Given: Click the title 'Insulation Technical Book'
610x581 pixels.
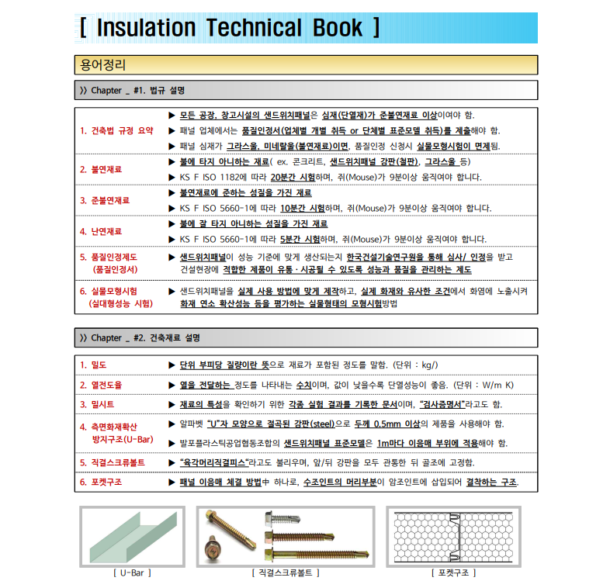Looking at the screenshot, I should (230, 28).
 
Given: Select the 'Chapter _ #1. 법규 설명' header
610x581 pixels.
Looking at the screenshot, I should (137, 90).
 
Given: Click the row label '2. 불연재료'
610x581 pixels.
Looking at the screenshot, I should (101, 168).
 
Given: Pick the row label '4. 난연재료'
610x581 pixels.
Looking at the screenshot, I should (101, 231).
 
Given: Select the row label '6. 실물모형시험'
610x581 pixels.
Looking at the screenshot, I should (119, 291).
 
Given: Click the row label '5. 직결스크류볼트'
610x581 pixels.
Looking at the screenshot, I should (112, 462).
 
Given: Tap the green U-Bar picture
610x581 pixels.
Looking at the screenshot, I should (131, 536).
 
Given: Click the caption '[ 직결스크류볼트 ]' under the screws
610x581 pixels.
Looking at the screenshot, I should (285, 572).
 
